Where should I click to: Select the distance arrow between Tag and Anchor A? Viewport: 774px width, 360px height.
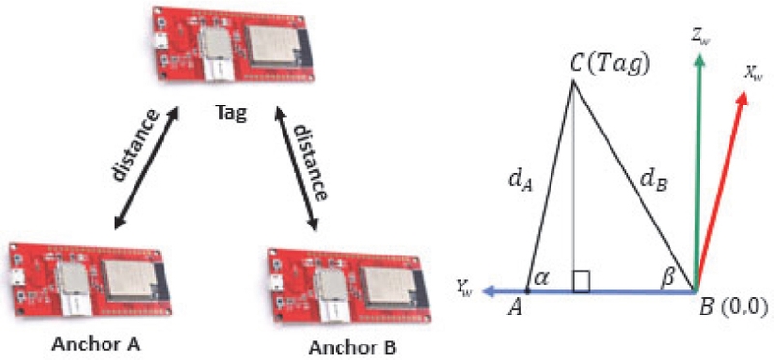(x=145, y=170)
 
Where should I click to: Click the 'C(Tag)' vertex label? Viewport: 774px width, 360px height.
(x=608, y=65)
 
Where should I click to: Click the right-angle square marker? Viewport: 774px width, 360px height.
(x=581, y=282)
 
